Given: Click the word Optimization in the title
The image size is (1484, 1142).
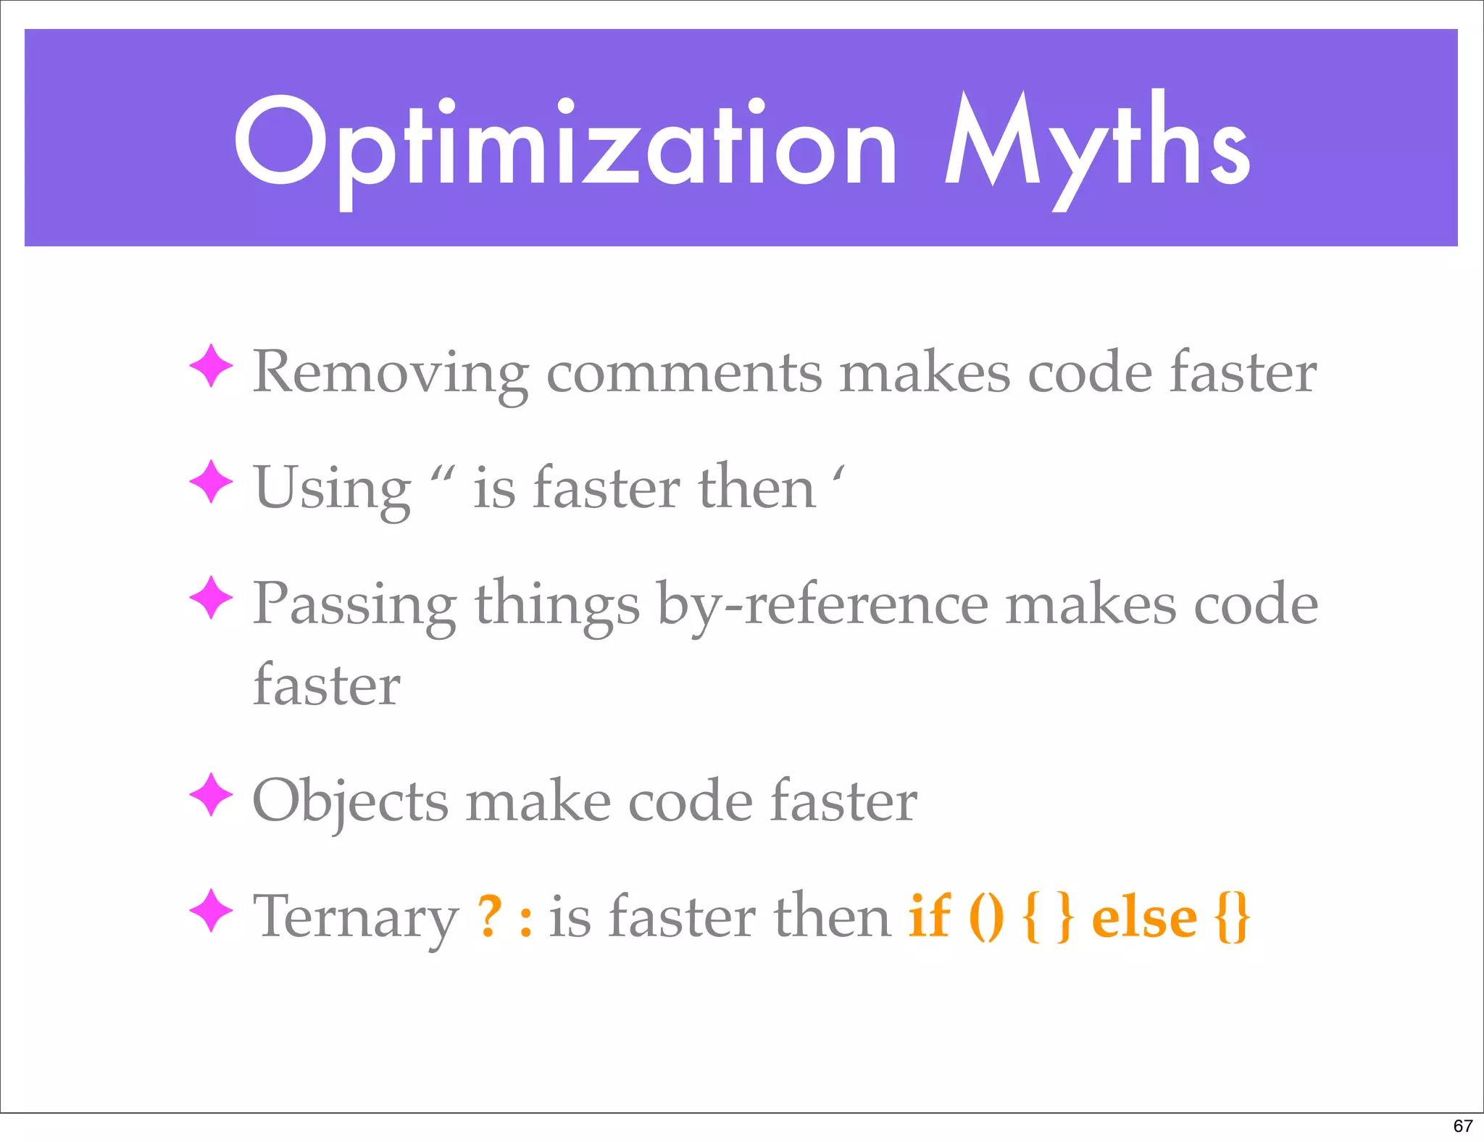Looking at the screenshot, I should (x=566, y=145).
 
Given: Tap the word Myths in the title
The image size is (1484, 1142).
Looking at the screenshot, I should (x=1097, y=145).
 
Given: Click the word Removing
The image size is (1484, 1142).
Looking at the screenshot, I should (x=391, y=373).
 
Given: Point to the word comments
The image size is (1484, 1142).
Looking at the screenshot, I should (x=683, y=373).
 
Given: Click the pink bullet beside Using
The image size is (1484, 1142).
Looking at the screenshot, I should (x=211, y=482).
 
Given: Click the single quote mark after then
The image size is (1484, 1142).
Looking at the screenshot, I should (x=838, y=475).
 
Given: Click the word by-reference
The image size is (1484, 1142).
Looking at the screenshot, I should (x=822, y=605).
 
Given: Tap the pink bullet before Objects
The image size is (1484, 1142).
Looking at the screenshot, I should (x=211, y=795).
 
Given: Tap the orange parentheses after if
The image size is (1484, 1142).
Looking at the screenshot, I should (x=986, y=917).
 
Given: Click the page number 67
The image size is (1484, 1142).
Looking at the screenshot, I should (x=1462, y=1125).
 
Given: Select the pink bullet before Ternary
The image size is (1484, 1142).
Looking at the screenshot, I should (x=211, y=911).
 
